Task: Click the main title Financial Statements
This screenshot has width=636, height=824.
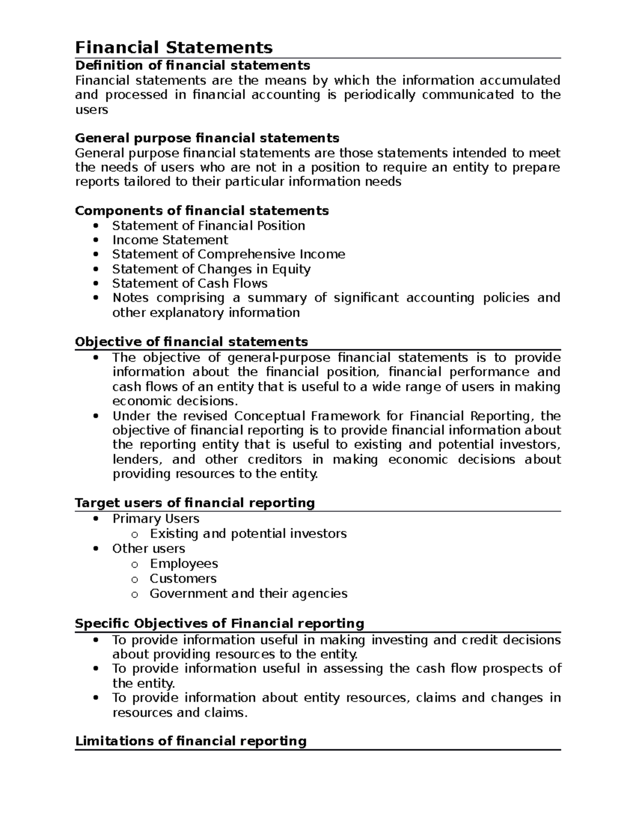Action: tap(174, 48)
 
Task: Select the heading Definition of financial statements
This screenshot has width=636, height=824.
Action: tap(192, 65)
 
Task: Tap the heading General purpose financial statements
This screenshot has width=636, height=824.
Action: tap(207, 138)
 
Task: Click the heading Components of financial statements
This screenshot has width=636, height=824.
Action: tap(202, 211)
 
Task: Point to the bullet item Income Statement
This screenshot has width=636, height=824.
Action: tap(170, 240)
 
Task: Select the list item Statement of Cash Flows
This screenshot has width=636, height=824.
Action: tap(190, 283)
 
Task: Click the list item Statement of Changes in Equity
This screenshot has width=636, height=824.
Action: tap(211, 269)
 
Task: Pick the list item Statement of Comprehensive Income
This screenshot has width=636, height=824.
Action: tap(228, 254)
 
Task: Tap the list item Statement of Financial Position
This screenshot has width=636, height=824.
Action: tap(208, 225)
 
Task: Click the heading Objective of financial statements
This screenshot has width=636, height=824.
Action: tap(191, 341)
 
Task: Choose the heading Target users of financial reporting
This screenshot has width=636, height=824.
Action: tap(195, 502)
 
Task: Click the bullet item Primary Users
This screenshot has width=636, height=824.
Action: tap(156, 518)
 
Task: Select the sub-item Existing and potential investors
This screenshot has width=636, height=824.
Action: tap(248, 533)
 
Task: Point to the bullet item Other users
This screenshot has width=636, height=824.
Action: tap(148, 548)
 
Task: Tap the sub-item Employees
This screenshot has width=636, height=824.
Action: tap(184, 563)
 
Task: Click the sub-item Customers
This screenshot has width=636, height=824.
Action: tap(183, 578)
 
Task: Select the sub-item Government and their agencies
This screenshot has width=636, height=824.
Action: tap(249, 593)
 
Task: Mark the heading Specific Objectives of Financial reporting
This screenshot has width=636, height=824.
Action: tap(219, 623)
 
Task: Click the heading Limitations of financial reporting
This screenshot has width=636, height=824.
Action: tap(191, 741)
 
